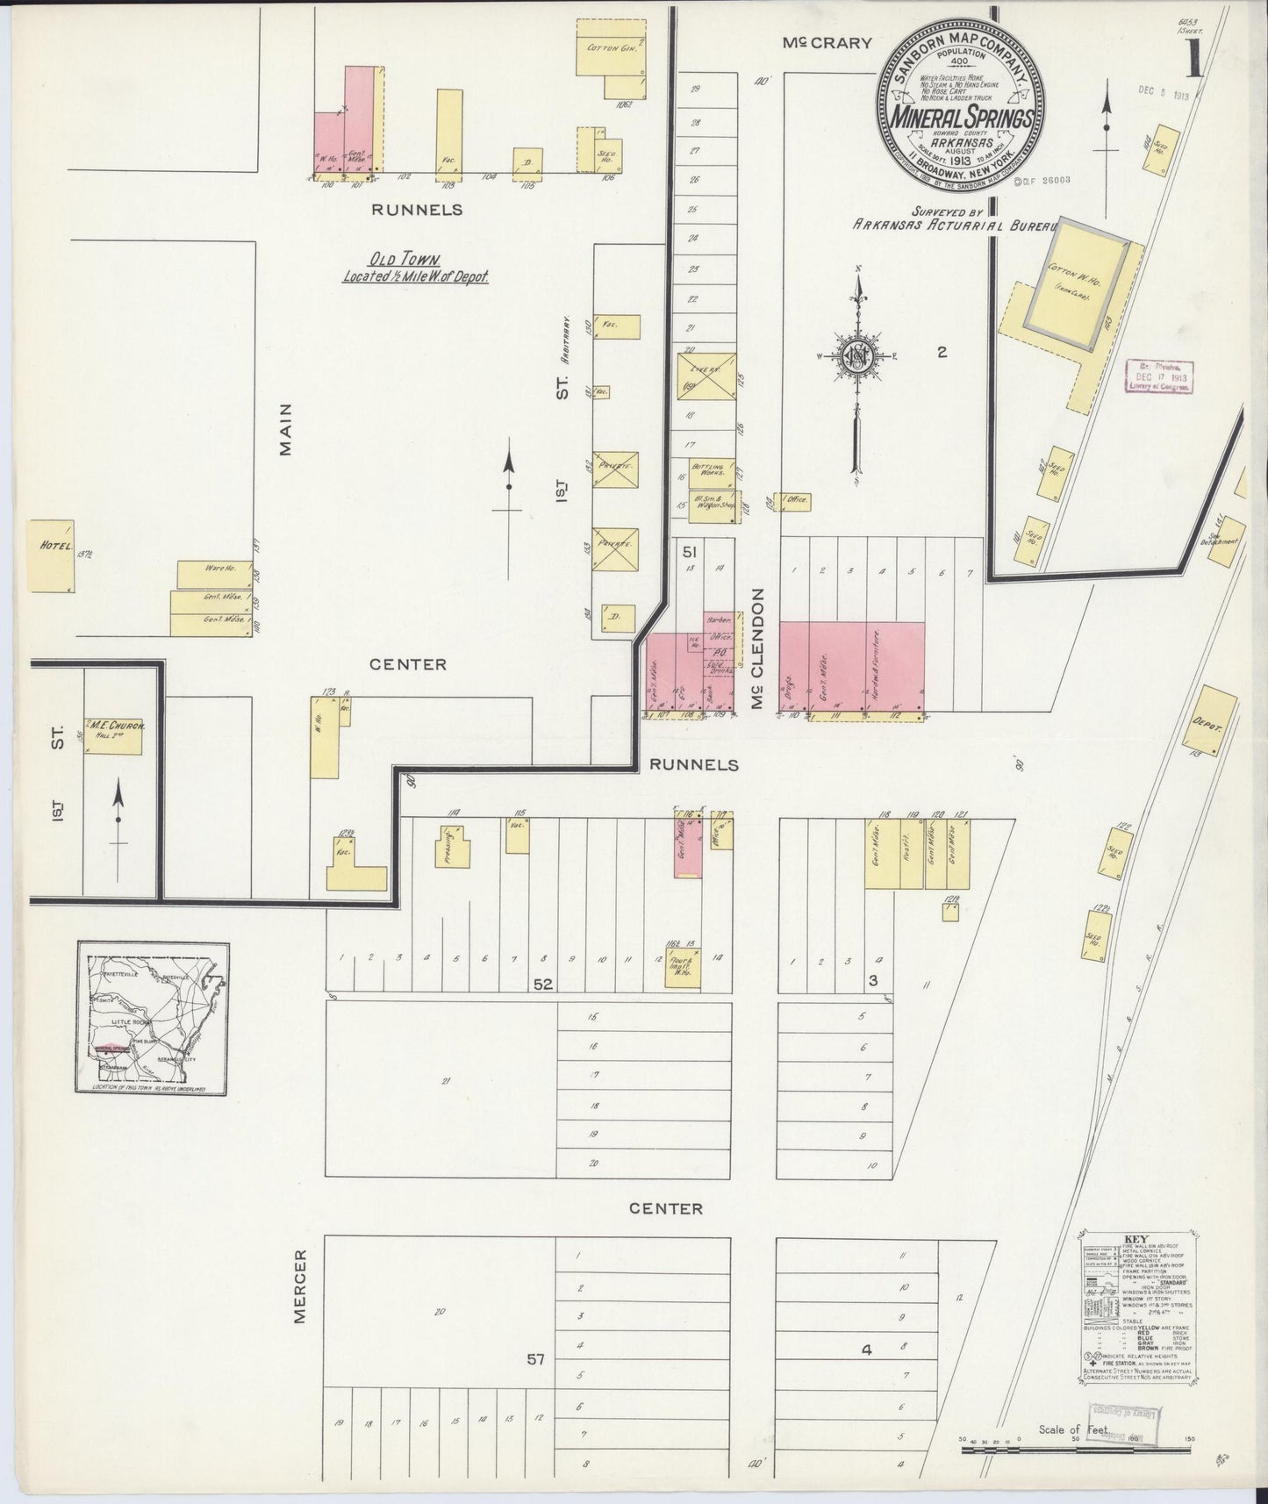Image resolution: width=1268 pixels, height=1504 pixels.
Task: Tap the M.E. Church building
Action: pyautogui.click(x=113, y=735)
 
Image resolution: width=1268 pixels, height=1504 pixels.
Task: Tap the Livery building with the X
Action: pyautogui.click(x=706, y=377)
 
